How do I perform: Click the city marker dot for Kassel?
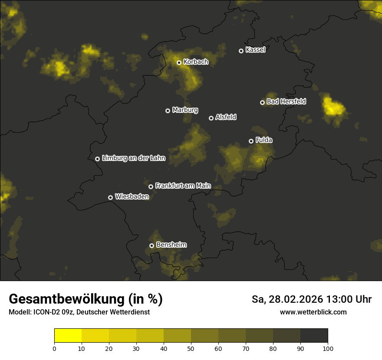click(x=241, y=51)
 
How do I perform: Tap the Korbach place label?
click(x=196, y=62)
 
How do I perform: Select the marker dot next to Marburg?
click(x=168, y=111)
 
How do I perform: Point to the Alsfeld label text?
click(x=226, y=117)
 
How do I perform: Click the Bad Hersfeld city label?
click(x=286, y=101)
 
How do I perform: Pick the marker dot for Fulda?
click(x=251, y=141)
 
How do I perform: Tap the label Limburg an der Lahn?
click(x=133, y=158)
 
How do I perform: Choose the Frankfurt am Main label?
click(x=183, y=186)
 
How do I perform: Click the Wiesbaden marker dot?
click(x=110, y=197)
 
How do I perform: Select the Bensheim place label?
click(x=171, y=245)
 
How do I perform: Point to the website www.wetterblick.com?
click(x=313, y=312)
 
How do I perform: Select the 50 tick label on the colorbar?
click(x=191, y=348)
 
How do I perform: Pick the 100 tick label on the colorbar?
click(x=328, y=348)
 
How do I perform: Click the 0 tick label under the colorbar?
click(x=54, y=348)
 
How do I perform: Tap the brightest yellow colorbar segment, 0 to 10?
click(x=68, y=336)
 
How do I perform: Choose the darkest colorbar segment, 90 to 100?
click(x=314, y=336)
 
